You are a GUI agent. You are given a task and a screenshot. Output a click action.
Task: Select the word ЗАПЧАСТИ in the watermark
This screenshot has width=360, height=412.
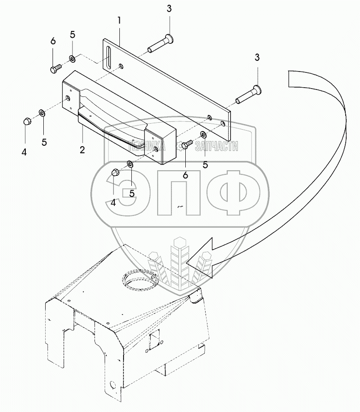click(217, 147)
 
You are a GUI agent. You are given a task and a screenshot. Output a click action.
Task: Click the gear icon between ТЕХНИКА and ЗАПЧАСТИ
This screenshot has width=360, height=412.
click(179, 147)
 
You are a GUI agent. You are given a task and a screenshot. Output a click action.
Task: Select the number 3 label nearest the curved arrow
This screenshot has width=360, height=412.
click(257, 58)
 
